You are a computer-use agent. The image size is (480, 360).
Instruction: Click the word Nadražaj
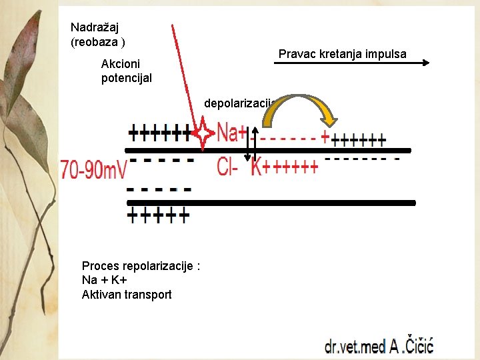click(x=95, y=27)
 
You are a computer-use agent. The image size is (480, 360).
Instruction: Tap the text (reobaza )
click(x=98, y=41)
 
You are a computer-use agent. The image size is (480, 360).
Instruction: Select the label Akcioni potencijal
click(x=126, y=71)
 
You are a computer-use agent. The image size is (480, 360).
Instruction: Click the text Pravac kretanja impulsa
click(x=342, y=54)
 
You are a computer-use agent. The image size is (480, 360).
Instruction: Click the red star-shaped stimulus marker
click(x=202, y=134)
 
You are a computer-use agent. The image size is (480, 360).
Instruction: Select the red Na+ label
click(x=232, y=133)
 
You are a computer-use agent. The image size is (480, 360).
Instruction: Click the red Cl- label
click(x=227, y=167)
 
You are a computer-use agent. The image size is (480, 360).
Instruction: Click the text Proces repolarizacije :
click(x=141, y=265)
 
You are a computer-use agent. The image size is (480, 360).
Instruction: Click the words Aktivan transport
click(x=127, y=295)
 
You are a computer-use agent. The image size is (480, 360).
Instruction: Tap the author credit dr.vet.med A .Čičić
click(x=379, y=345)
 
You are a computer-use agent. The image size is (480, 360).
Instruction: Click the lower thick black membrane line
click(x=270, y=202)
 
